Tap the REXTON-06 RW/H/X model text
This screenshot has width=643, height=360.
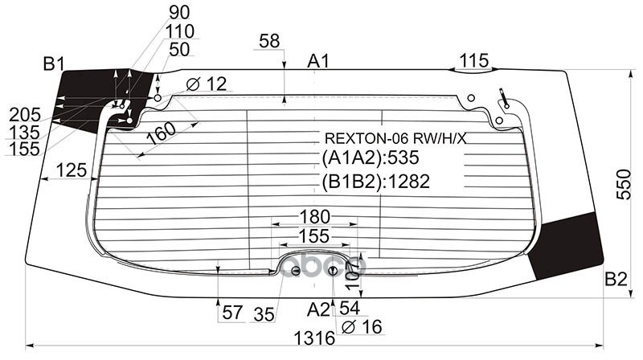(394, 138)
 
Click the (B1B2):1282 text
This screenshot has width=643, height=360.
(376, 182)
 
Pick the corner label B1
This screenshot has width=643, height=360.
(55, 63)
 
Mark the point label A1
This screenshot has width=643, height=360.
(319, 61)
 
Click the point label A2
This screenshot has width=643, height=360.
(319, 309)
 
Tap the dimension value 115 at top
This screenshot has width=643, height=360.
(474, 60)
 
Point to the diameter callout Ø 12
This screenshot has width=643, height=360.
(207, 83)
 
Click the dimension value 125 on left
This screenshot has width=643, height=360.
(72, 170)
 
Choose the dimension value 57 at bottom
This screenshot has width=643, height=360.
(232, 313)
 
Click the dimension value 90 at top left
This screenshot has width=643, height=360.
(181, 13)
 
